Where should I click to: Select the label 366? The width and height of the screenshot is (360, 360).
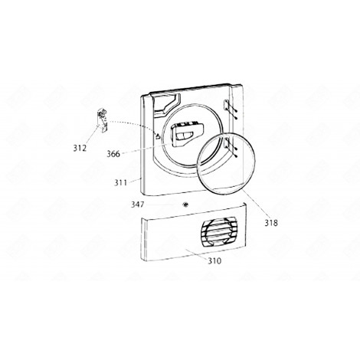click(x=113, y=154)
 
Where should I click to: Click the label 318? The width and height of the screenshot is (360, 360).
click(x=270, y=223)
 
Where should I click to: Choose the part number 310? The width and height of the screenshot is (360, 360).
click(x=214, y=261)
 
